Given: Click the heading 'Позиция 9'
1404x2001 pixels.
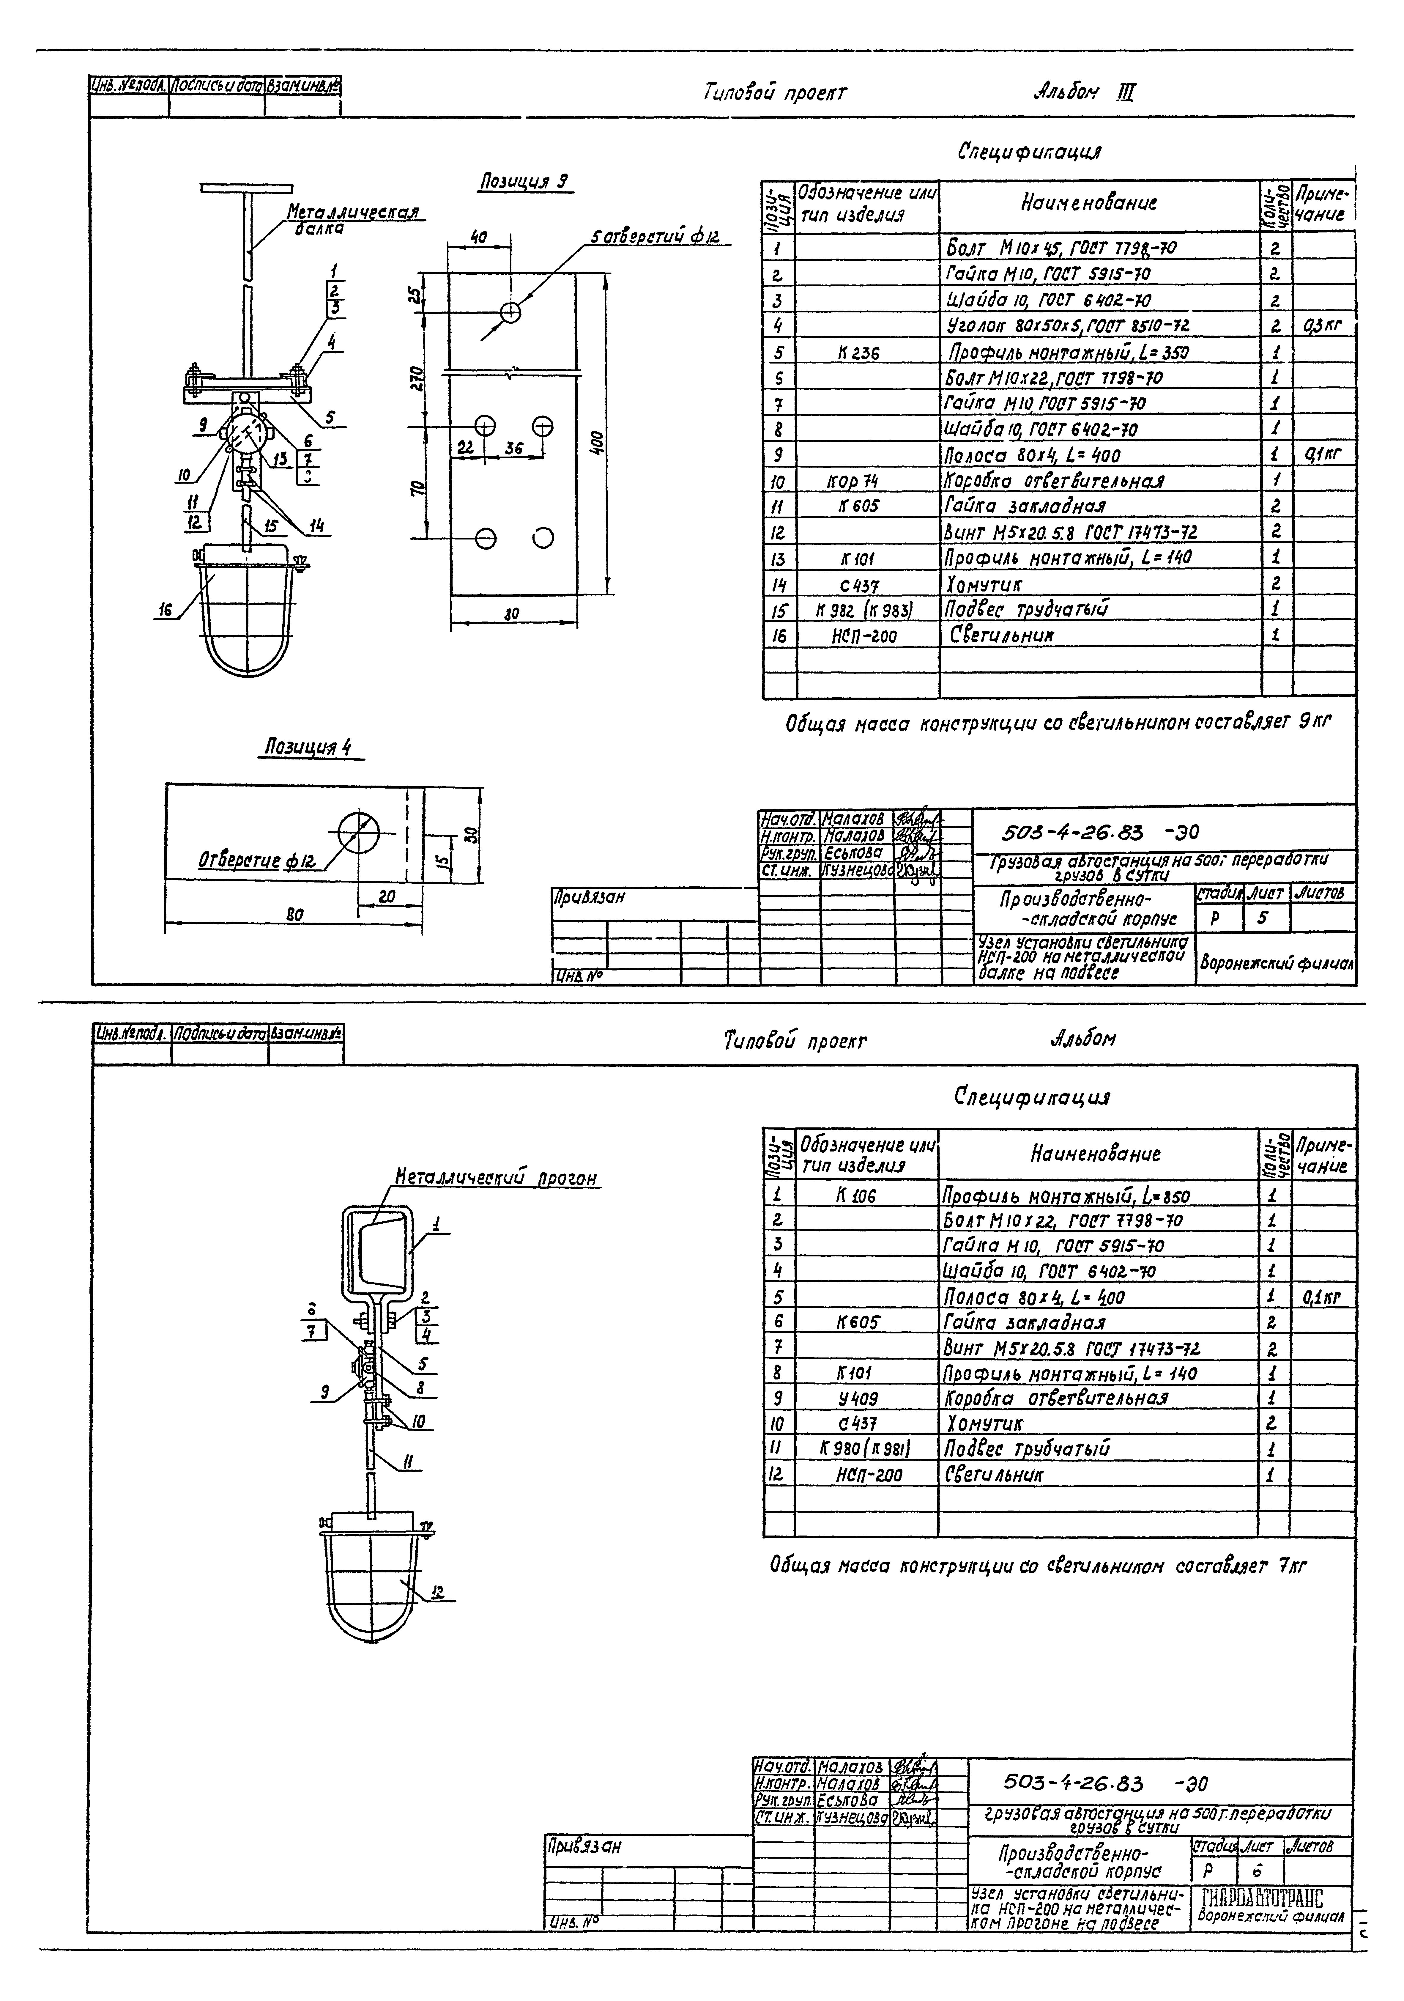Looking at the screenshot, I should tap(525, 182).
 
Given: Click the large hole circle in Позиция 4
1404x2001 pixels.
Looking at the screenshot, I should tap(359, 831).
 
